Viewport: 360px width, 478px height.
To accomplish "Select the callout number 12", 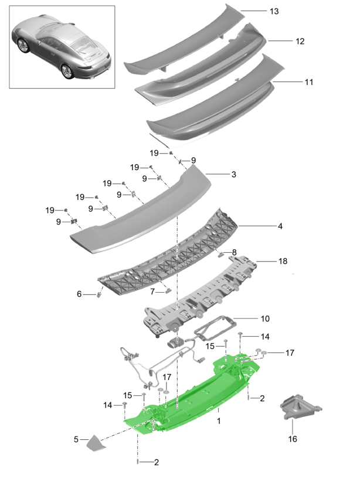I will pos(300,41).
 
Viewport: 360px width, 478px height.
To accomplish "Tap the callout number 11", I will pos(308,83).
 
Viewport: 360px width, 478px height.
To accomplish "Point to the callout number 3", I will pos(233,174).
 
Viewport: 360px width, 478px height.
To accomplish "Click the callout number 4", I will pos(280,226).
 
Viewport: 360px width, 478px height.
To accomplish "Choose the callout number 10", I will pos(265,318).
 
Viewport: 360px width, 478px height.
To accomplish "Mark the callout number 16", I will pos(291,439).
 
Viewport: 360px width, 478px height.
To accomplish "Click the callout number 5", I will pos(76,438).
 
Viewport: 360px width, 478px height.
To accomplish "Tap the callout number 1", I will pos(219,421).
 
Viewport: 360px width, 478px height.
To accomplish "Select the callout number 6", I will pos(79,294).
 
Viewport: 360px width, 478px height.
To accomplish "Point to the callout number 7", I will pos(152,291).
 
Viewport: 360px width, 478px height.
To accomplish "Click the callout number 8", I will pos(234,252).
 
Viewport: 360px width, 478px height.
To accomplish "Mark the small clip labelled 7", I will pos(168,289).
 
